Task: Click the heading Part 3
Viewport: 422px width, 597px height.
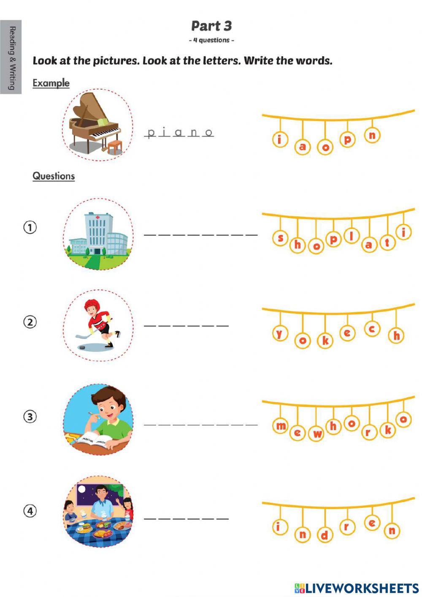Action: tap(211, 26)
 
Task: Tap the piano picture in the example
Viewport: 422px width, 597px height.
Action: tap(97, 125)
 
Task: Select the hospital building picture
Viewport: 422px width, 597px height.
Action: tap(98, 234)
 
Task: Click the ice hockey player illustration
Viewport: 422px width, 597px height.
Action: tap(98, 325)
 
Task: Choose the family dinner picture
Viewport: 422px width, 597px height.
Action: tap(98, 512)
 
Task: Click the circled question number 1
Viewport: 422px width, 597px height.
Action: tap(30, 227)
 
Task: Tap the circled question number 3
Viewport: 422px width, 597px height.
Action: tap(30, 417)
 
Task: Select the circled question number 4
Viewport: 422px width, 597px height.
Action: tap(30, 511)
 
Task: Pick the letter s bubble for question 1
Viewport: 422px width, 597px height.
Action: tap(280, 238)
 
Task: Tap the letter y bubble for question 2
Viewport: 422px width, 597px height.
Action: tap(279, 333)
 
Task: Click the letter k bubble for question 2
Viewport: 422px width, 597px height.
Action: tap(325, 341)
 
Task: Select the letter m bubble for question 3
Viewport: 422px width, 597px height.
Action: tap(281, 426)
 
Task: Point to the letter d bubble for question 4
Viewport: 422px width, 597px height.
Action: tap(325, 535)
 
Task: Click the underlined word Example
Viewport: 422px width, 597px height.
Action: tap(51, 83)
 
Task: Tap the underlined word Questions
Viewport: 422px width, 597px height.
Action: tap(54, 176)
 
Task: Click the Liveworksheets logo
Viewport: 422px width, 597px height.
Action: tap(356, 588)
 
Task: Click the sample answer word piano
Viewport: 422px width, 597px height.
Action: tap(180, 133)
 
